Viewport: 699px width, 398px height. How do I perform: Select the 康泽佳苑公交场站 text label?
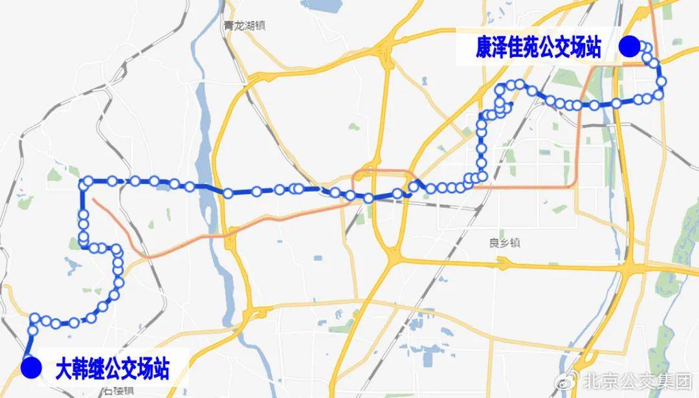538,48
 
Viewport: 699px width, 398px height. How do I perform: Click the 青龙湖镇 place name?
245,27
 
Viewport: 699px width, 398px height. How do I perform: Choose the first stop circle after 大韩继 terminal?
36,318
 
